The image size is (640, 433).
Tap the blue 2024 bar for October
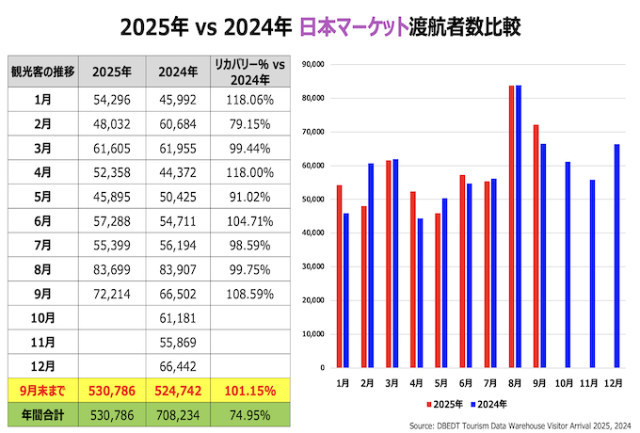coord(568,265)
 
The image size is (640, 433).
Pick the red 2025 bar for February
coord(362,286)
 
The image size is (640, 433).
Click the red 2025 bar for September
coord(536,246)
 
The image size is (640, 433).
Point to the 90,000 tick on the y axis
coord(312,64)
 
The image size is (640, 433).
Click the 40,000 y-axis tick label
coord(312,233)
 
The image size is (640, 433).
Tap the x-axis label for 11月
coord(590,384)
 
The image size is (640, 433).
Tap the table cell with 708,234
coord(179,413)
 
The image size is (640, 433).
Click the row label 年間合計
coord(42,413)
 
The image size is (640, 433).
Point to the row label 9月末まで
coord(42,389)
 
